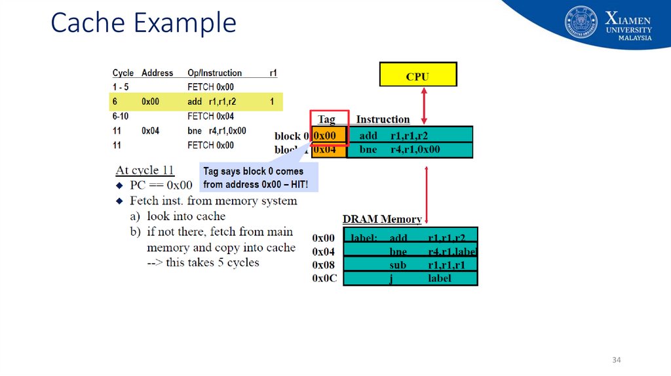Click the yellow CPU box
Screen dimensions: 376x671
pyautogui.click(x=417, y=75)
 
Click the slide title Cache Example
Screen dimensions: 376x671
pyautogui.click(x=144, y=23)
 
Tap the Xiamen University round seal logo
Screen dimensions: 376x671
pyautogui.click(x=581, y=22)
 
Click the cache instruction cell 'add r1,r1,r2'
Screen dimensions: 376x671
pyautogui.click(x=409, y=136)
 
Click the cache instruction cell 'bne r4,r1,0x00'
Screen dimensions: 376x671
pyautogui.click(x=409, y=149)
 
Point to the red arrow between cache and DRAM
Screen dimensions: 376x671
pyautogui.click(x=427, y=193)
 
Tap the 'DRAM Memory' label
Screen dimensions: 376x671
pyautogui.click(x=382, y=219)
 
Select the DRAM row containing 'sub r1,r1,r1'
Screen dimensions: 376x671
pyautogui.click(x=411, y=265)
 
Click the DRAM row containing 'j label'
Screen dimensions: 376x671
pyautogui.click(x=411, y=278)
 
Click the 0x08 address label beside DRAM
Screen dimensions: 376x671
pyautogui.click(x=324, y=265)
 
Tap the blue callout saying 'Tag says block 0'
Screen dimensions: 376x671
pyautogui.click(x=258, y=178)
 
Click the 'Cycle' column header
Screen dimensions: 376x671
pyautogui.click(x=123, y=73)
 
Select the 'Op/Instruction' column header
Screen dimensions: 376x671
pyautogui.click(x=214, y=73)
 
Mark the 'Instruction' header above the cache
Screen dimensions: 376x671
pyautogui.click(x=383, y=119)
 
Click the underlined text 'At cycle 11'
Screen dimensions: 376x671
pyautogui.click(x=145, y=170)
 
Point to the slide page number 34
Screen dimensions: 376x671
pyautogui.click(x=616, y=360)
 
